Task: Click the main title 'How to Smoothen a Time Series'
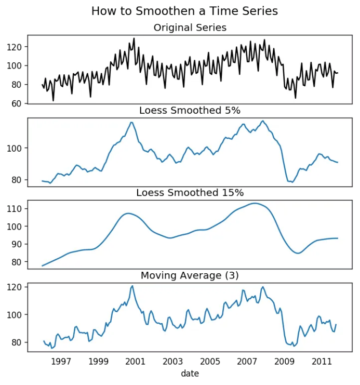pyautogui.click(x=184, y=11)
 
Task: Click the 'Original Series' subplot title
pyautogui.click(x=190, y=28)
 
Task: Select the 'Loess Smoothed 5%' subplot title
pyautogui.click(x=190, y=110)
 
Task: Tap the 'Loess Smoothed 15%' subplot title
pyautogui.click(x=190, y=193)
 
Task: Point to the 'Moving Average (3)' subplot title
pyautogui.click(x=190, y=275)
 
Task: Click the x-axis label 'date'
pyautogui.click(x=190, y=373)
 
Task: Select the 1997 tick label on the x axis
pyautogui.click(x=61, y=362)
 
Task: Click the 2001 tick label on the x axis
pyautogui.click(x=136, y=362)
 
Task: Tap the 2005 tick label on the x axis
pyautogui.click(x=210, y=362)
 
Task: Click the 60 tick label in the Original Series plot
pyautogui.click(x=17, y=103)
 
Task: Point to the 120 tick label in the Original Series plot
pyautogui.click(x=15, y=47)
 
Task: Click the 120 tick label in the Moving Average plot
pyautogui.click(x=15, y=287)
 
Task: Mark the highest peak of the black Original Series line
pyautogui.click(x=134, y=38)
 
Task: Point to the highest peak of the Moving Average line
pyautogui.click(x=132, y=286)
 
